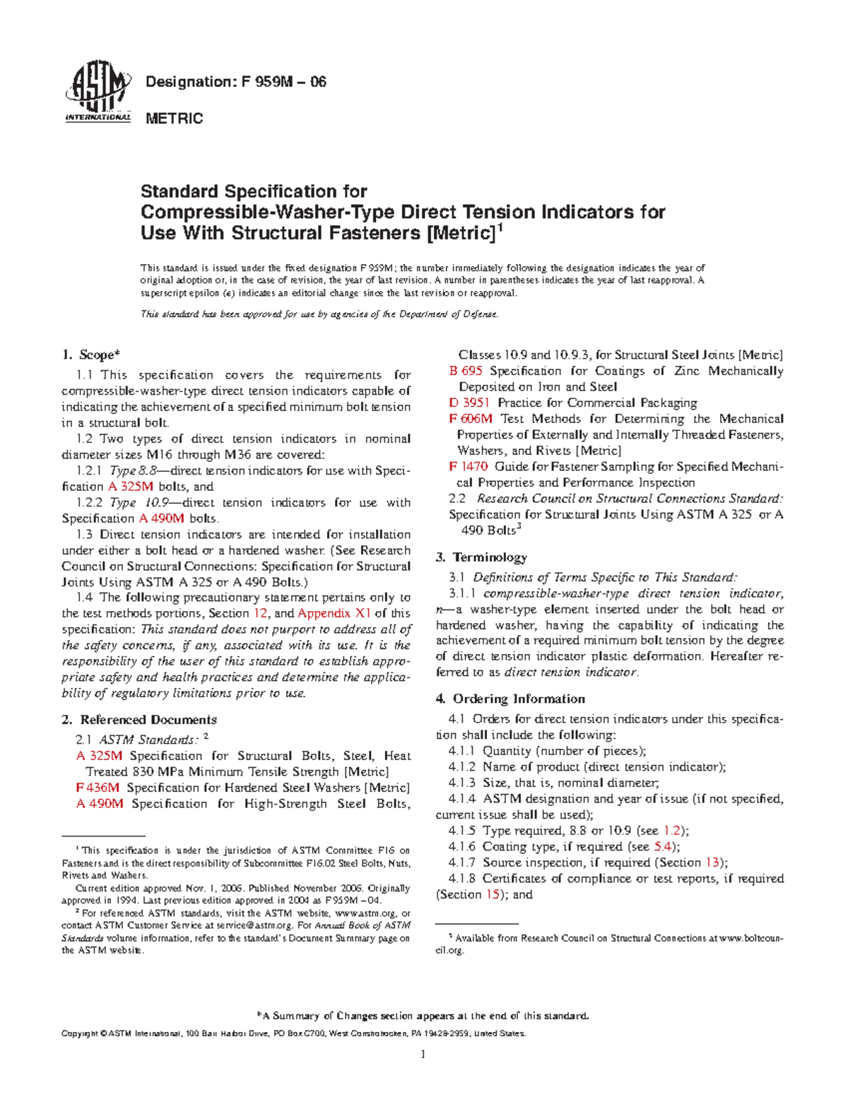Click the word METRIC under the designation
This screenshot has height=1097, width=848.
pos(174,119)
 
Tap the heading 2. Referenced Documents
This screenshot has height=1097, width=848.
pos(139,720)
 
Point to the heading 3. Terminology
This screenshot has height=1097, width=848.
pos(482,557)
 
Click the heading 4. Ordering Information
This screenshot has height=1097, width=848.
pos(510,699)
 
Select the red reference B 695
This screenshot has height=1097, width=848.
pos(466,371)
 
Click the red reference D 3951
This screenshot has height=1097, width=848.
pos(469,403)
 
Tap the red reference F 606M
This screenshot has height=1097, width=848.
pos(471,419)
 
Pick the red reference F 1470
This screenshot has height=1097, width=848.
pos(468,467)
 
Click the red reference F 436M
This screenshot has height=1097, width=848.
pos(98,788)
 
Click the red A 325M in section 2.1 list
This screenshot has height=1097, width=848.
pos(99,756)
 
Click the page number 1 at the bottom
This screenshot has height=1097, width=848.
pos(423,1055)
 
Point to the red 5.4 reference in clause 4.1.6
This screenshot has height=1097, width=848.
pos(663,847)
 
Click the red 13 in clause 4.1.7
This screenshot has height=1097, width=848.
pos(712,862)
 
